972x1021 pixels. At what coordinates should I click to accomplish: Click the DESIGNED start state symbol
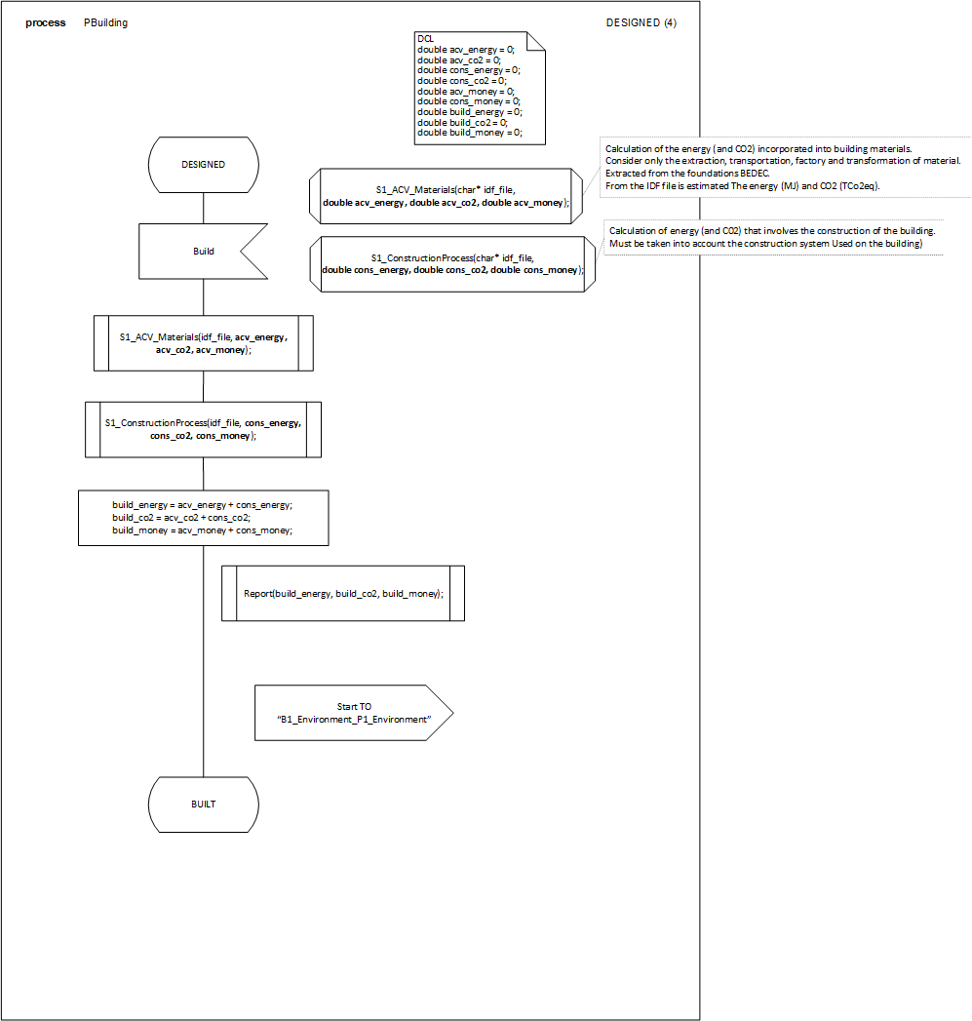click(x=203, y=165)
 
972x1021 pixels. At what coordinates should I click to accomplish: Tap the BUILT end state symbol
click(x=203, y=805)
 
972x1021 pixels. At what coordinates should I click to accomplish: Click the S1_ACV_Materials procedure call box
click(x=203, y=343)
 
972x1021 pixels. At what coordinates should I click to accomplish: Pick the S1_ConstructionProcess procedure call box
click(x=203, y=430)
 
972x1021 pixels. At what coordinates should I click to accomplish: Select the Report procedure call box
click(x=343, y=593)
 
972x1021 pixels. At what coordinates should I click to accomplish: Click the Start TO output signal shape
click(x=353, y=713)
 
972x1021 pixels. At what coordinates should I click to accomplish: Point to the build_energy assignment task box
click(x=203, y=517)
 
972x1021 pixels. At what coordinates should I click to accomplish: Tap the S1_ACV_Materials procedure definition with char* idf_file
click(x=446, y=195)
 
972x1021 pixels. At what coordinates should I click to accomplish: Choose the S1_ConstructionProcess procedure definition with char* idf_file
click(x=452, y=263)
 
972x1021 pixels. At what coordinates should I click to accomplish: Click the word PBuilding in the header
click(x=105, y=22)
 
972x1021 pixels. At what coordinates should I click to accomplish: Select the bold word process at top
click(x=46, y=22)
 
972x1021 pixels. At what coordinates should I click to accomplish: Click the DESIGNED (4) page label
click(x=641, y=22)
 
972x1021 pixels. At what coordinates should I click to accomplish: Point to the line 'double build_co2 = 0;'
click(x=463, y=123)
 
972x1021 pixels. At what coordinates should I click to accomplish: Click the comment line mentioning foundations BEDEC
click(x=687, y=173)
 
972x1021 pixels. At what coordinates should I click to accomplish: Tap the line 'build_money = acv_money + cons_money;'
click(x=202, y=530)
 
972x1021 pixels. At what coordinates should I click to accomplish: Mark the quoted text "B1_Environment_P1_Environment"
click(x=354, y=720)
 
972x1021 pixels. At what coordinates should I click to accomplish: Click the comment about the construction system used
click(x=765, y=243)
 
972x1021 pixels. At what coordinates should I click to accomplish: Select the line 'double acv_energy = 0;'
click(x=465, y=49)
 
